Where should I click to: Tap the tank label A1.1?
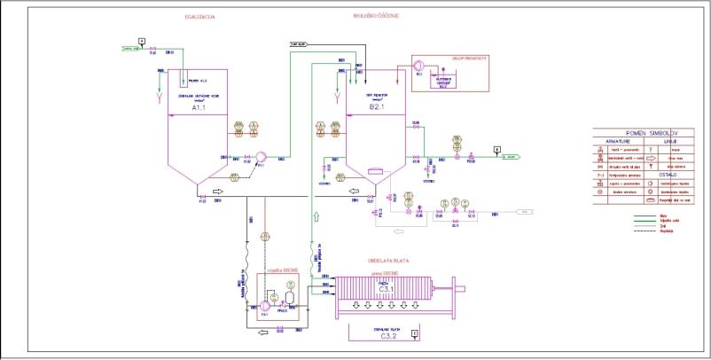tap(200, 115)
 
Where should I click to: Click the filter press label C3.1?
tap(387, 288)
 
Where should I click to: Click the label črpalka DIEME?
tap(281, 268)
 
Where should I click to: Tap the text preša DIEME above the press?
tap(387, 275)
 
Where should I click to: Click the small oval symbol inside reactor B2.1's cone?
tap(374, 170)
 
